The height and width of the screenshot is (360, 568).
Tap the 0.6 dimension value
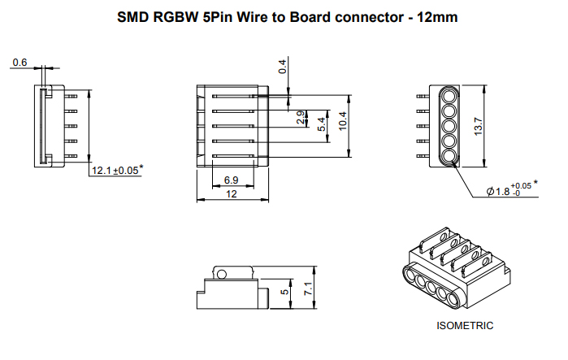[x=20, y=62]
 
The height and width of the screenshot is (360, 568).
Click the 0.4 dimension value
[x=282, y=67]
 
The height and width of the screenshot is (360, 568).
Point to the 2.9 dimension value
[x=301, y=118]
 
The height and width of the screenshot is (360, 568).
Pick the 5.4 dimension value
[x=322, y=124]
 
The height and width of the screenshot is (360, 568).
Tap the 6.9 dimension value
[x=231, y=180]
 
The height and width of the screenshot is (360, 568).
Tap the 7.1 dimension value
[x=307, y=288]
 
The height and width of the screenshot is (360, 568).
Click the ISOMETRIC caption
[x=465, y=326]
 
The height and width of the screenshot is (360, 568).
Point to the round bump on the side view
[x=220, y=273]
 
